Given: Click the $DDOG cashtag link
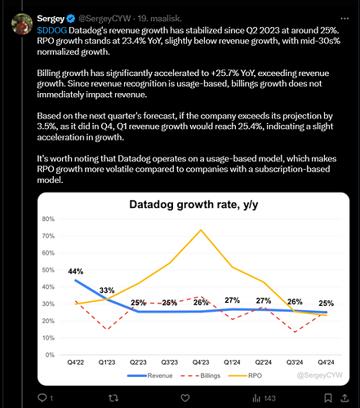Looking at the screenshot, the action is coord(52,30).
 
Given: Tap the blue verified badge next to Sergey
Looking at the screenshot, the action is coord(71,19).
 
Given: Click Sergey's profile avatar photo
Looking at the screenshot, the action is coord(22,24).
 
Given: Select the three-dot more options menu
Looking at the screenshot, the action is coord(344,19).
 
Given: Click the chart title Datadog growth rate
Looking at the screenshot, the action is coord(193,205).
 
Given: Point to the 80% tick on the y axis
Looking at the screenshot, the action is coord(48,219).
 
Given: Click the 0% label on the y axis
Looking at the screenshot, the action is coord(50,355).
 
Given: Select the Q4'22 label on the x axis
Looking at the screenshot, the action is coord(76,362).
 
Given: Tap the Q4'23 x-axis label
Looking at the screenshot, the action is coord(201,362).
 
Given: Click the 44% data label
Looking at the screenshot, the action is coord(76,271).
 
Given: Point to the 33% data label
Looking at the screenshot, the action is coord(107,290).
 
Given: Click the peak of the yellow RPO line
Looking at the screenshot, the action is coord(201,230).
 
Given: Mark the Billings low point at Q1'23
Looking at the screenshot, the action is coord(107,330).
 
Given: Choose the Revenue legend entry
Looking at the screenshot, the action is coord(150,375).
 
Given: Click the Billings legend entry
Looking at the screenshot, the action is coord(201,375).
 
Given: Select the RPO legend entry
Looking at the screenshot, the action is coord(245,375).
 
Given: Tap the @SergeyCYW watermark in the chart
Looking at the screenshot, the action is coord(320,375).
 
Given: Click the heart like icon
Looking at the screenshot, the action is coord(185,398).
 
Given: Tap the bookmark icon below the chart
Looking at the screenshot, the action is coord(328,398).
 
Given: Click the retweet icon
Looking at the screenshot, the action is coord(113,398).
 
